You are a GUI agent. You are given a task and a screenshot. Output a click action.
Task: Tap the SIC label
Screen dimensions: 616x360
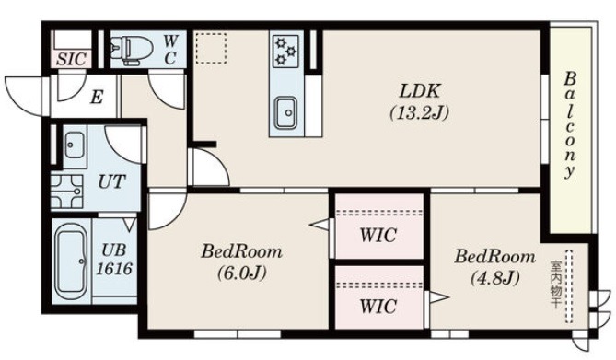[71, 59]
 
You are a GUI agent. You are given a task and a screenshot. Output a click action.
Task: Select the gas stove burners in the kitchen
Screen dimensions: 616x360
[285, 50]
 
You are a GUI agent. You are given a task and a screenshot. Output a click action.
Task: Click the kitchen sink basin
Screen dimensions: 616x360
[285, 113]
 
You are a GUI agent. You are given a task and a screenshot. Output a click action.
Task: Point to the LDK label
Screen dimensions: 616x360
[419, 91]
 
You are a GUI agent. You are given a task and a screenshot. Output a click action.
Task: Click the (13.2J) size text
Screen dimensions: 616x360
[419, 113]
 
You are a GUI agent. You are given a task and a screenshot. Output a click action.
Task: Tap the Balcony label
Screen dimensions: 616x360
[570, 125]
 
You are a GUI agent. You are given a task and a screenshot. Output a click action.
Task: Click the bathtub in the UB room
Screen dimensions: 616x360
[71, 261]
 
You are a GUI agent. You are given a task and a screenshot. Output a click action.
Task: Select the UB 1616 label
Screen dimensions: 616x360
[114, 260]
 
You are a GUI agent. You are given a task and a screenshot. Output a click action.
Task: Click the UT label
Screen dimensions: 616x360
[111, 181]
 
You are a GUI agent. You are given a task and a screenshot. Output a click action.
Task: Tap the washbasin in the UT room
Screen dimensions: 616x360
[75, 145]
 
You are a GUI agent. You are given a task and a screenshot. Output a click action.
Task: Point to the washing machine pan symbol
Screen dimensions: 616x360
[67, 192]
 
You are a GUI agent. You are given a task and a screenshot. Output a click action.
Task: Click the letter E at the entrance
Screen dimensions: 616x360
[96, 97]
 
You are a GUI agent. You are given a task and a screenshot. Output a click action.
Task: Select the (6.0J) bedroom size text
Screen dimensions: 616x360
[241, 273]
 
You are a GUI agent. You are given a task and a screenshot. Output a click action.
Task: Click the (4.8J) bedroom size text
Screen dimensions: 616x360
[495, 278]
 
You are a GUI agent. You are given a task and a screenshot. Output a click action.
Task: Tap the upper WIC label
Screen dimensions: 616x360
[378, 236]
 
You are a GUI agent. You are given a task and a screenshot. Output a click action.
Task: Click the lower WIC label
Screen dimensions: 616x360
[378, 307]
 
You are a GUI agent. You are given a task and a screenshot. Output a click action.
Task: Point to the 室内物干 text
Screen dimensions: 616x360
[554, 285]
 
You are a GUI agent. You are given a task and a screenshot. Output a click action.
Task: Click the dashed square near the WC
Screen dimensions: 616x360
[211, 48]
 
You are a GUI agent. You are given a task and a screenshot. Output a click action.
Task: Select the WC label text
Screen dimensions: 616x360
[169, 50]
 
